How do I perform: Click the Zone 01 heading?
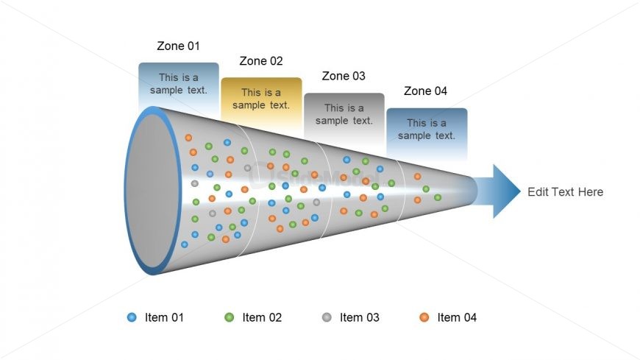178,46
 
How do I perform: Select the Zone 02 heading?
261,61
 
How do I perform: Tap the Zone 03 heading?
344,76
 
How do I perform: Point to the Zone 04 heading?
425,91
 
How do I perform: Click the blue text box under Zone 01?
179,84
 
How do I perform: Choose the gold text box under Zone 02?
261,99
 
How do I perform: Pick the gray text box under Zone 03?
344,114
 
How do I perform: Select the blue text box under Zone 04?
427,130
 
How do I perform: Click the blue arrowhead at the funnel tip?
503,191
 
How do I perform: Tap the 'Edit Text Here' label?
565,192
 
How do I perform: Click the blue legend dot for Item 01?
132,317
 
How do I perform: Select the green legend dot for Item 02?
230,317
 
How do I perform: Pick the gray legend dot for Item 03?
327,317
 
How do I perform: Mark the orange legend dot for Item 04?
424,317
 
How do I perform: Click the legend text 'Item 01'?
164,317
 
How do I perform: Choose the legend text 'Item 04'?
457,317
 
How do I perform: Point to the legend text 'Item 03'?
360,317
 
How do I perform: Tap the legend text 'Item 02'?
262,317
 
